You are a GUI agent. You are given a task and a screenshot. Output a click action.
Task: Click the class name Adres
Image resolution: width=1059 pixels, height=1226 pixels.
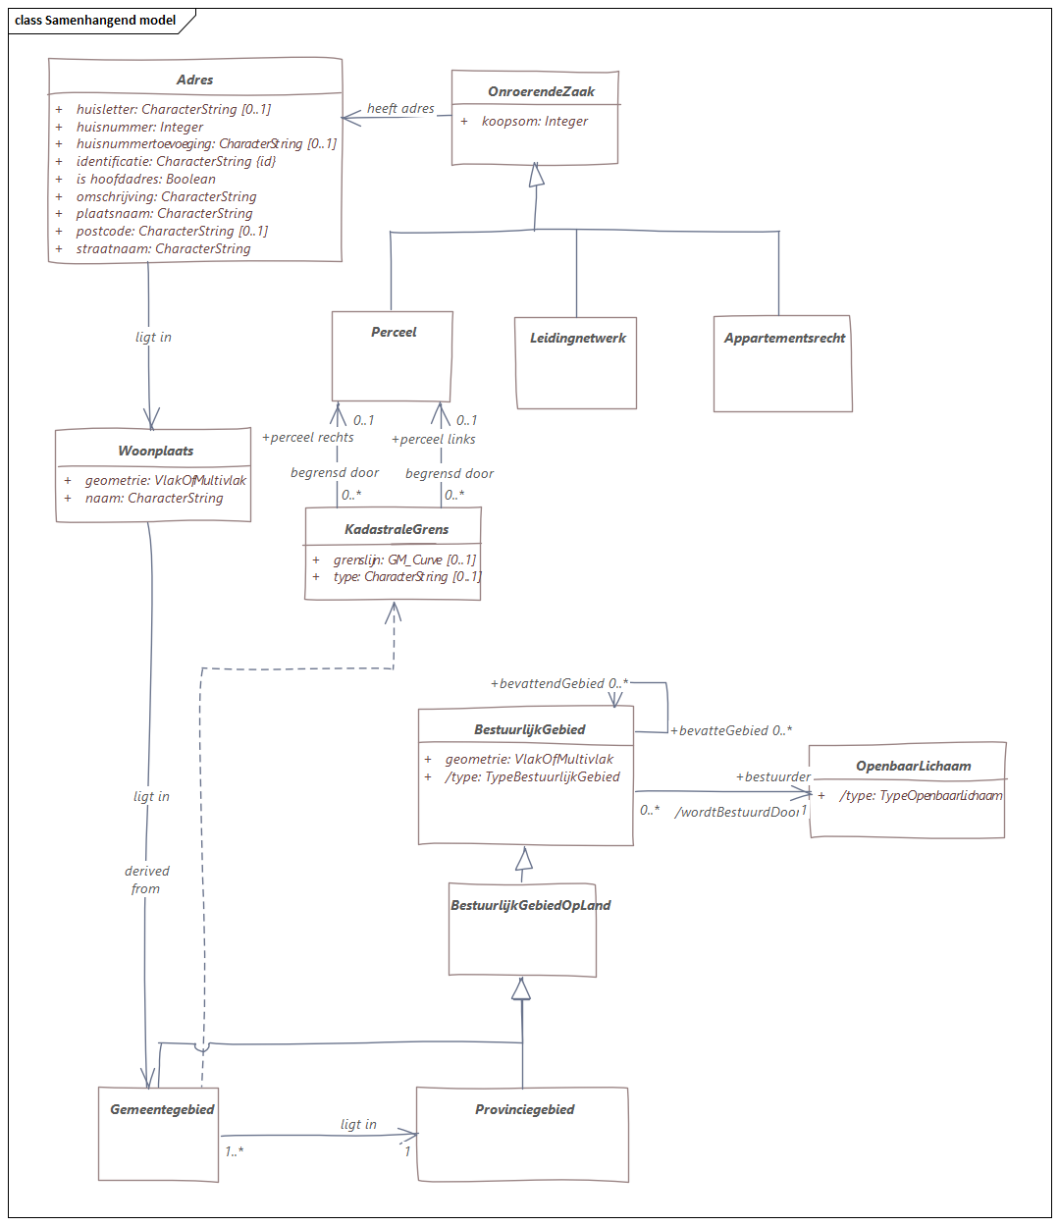coord(194,80)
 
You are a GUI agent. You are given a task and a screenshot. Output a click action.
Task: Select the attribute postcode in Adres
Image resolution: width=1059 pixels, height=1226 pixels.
coord(172,232)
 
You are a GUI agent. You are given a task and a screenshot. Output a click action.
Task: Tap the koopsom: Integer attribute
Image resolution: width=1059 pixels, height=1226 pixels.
coord(535,122)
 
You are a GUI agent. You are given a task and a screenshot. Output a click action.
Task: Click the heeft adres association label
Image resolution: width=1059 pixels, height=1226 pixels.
coord(400,109)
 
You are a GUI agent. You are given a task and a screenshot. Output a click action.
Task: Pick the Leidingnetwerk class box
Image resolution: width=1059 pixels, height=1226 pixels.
coord(577,362)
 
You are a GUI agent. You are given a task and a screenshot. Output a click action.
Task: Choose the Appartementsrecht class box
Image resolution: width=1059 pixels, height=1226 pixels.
coord(782,363)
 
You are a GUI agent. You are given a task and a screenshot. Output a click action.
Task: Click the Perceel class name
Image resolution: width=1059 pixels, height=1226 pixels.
coord(394,333)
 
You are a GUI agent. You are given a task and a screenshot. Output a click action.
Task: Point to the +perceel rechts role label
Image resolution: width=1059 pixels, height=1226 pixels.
coord(308,438)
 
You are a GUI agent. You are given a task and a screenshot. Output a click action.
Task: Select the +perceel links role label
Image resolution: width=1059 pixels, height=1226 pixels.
coord(434,440)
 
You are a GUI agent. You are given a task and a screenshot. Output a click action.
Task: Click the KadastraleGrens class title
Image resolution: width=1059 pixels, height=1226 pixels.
coord(397,530)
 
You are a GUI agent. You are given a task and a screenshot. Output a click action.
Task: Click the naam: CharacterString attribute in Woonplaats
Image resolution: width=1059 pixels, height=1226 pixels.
coord(154,499)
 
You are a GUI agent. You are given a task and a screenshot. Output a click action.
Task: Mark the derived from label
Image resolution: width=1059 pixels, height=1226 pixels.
coord(146,880)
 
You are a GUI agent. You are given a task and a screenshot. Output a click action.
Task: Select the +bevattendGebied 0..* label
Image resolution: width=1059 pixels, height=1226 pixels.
coord(558,684)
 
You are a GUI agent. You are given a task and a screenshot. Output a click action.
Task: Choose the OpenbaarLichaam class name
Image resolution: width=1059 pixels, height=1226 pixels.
coord(913,767)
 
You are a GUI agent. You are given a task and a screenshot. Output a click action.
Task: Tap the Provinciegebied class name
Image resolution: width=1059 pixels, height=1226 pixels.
coord(524,1110)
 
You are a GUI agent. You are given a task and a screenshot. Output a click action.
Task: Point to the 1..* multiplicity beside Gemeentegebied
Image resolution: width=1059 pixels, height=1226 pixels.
coord(234,1151)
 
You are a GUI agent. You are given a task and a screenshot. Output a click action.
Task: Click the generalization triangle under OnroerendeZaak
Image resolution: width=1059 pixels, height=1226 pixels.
coord(536,176)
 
